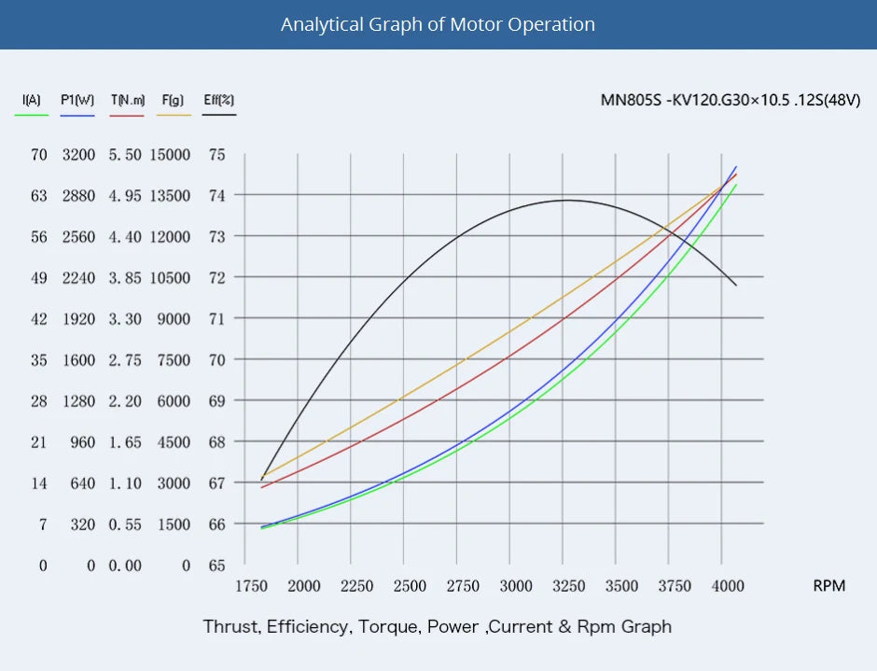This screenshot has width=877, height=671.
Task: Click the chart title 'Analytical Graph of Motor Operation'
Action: [x=438, y=24]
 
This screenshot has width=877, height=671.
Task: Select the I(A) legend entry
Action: [x=31, y=100]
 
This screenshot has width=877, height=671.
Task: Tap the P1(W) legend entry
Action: [x=77, y=100]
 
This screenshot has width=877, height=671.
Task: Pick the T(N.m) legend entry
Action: [x=127, y=100]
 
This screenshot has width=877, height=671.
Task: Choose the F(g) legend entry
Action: [x=174, y=100]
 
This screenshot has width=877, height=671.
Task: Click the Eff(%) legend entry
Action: [x=219, y=100]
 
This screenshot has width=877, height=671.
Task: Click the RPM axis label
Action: [x=828, y=586]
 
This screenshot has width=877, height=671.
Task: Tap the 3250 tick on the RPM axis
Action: [x=568, y=586]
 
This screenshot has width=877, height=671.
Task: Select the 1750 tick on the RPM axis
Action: [x=251, y=586]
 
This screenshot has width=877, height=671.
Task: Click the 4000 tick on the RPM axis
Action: [x=728, y=586]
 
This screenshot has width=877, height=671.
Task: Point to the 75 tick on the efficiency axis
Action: [x=216, y=155]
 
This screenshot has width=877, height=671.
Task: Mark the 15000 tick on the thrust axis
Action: [x=171, y=155]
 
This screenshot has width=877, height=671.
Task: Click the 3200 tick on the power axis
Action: [x=78, y=155]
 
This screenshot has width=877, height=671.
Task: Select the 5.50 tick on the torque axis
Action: [x=125, y=155]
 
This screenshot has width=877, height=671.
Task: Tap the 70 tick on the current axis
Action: [x=38, y=155]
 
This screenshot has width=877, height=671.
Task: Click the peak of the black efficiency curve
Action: [x=566, y=200]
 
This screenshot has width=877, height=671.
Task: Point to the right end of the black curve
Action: [x=736, y=286]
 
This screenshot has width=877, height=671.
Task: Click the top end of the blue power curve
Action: [x=736, y=167]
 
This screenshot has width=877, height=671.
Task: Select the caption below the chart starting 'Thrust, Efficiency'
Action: [x=438, y=626]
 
